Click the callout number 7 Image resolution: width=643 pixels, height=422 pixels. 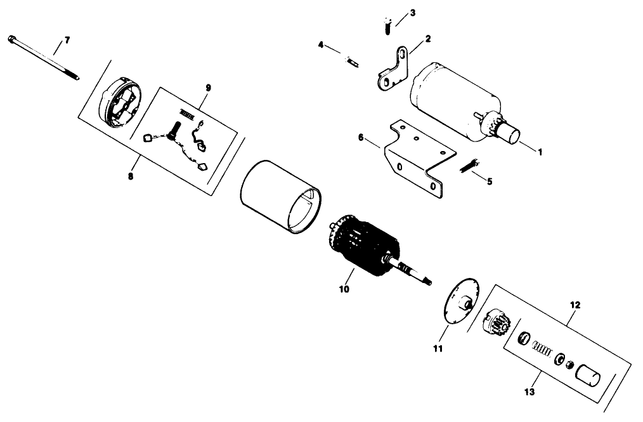[x=67, y=40]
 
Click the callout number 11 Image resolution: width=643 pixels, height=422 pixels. [x=439, y=348]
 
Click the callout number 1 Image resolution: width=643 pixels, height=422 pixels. [x=540, y=152]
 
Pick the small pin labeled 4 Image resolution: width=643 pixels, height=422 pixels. [x=351, y=61]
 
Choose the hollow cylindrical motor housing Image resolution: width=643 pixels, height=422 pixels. [x=279, y=197]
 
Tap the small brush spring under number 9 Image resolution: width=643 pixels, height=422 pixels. [x=186, y=113]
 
